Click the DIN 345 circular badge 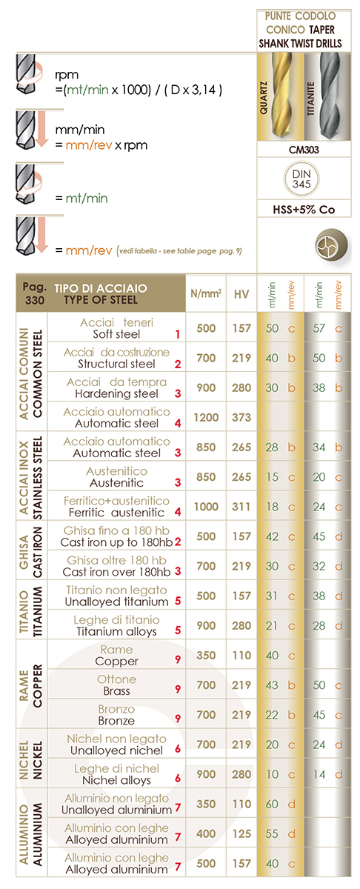[301, 179]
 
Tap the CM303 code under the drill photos [304, 150]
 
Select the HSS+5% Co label [304, 209]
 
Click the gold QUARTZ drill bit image [280, 97]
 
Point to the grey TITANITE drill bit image [328, 97]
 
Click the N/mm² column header [206, 293]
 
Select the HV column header [241, 294]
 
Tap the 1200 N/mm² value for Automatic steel [206, 417]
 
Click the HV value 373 [241, 417]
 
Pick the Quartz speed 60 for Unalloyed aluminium [272, 804]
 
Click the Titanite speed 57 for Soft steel [319, 328]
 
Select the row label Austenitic [116, 482]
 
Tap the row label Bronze [116, 721]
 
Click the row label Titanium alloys [116, 631]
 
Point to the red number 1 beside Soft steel [178, 334]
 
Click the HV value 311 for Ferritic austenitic [241, 507]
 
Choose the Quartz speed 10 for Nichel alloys [272, 774]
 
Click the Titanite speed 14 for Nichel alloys [319, 774]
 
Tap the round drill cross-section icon [331, 245]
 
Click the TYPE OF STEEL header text [101, 300]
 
